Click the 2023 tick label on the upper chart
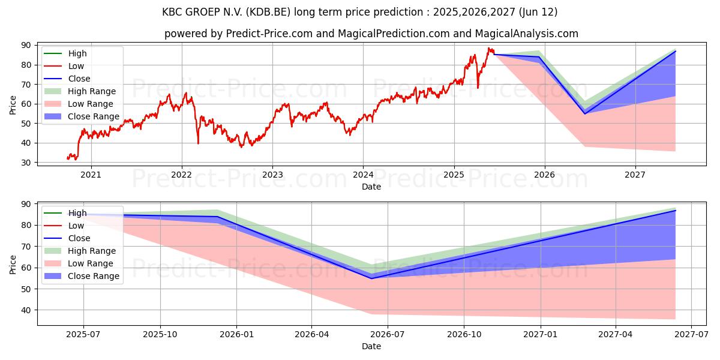[272, 175]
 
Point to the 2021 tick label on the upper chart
[91, 175]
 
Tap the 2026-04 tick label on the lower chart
[311, 334]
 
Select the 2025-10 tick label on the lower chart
[160, 334]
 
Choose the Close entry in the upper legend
[79, 79]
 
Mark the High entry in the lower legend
[77, 213]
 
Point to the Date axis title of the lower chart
[371, 346]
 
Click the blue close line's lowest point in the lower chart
[371, 278]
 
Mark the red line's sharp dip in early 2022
[198, 143]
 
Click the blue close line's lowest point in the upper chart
[585, 113]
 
